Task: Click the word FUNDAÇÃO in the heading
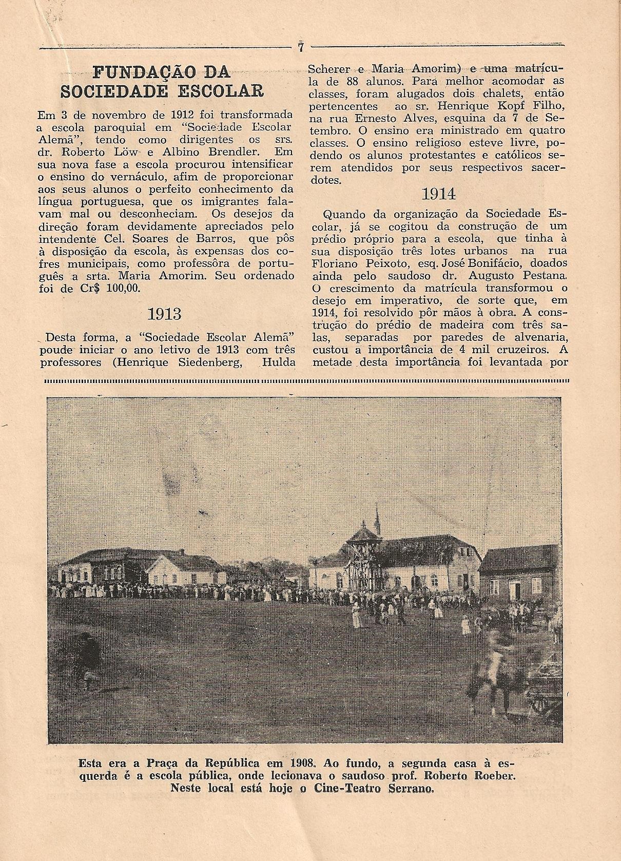[x=130, y=72]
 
